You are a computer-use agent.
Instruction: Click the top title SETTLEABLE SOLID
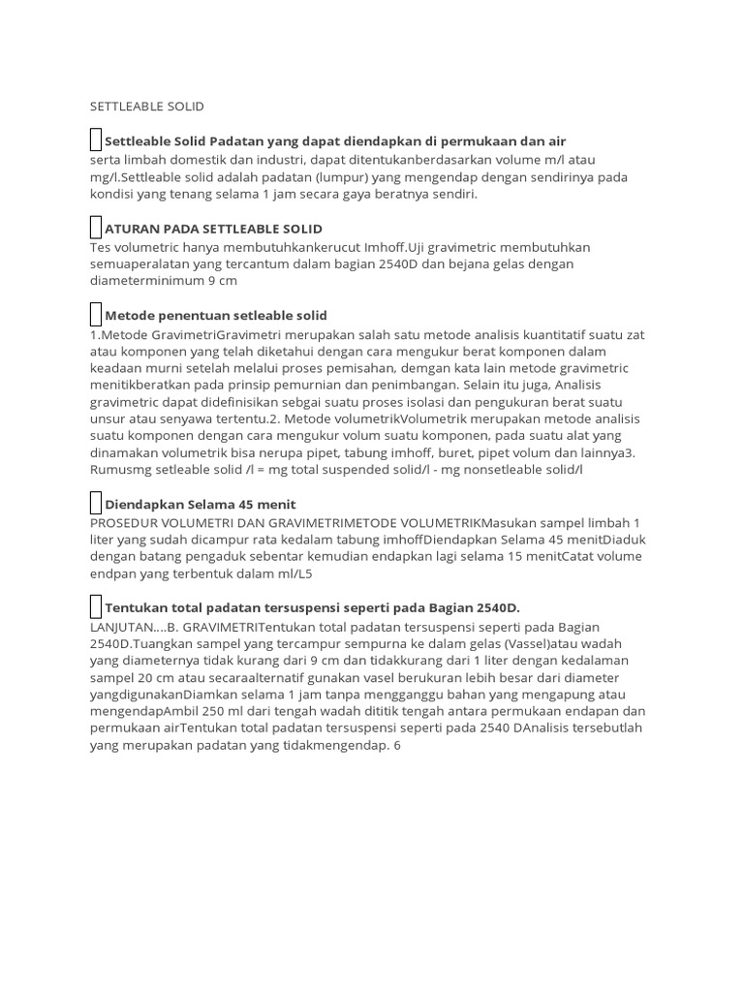click(146, 106)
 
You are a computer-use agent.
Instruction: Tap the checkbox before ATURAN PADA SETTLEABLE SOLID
click(95, 229)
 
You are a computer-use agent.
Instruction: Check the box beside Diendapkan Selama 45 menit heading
click(95, 504)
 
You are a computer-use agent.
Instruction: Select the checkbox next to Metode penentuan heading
click(95, 315)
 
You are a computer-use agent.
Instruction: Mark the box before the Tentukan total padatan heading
click(95, 607)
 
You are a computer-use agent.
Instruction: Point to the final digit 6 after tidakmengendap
click(397, 746)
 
